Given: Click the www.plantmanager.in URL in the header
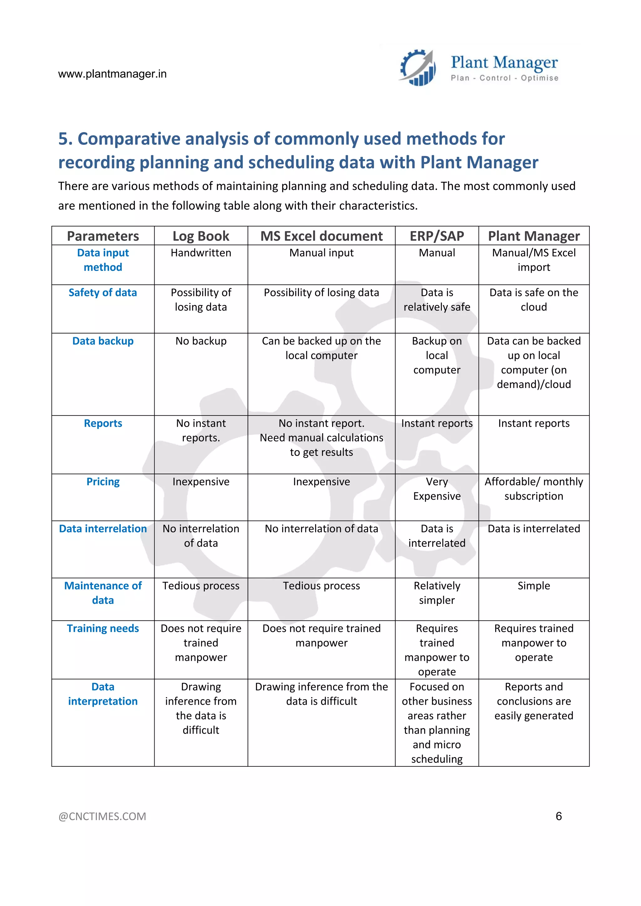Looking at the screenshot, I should tap(112, 74).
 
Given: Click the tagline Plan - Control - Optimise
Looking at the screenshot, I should tap(505, 78).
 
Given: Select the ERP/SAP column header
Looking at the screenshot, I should tap(437, 236).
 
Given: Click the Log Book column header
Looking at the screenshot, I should tap(201, 236).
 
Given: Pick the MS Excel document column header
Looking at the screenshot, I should tap(321, 236).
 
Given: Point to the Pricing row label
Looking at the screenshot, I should tap(103, 481).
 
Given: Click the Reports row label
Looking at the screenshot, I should tap(103, 423).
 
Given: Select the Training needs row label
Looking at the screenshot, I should tap(103, 628).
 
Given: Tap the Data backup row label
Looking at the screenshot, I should tap(103, 341).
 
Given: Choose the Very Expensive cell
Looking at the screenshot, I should tap(437, 489).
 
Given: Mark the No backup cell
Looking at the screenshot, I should tap(201, 341).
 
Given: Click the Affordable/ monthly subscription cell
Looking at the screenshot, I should tap(534, 489).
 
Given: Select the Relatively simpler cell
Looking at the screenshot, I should tap(437, 593).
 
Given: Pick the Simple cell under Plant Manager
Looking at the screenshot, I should tap(534, 586).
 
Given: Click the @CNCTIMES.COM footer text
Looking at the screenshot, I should tap(102, 817).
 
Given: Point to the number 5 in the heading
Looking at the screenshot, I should tap(63, 139).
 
